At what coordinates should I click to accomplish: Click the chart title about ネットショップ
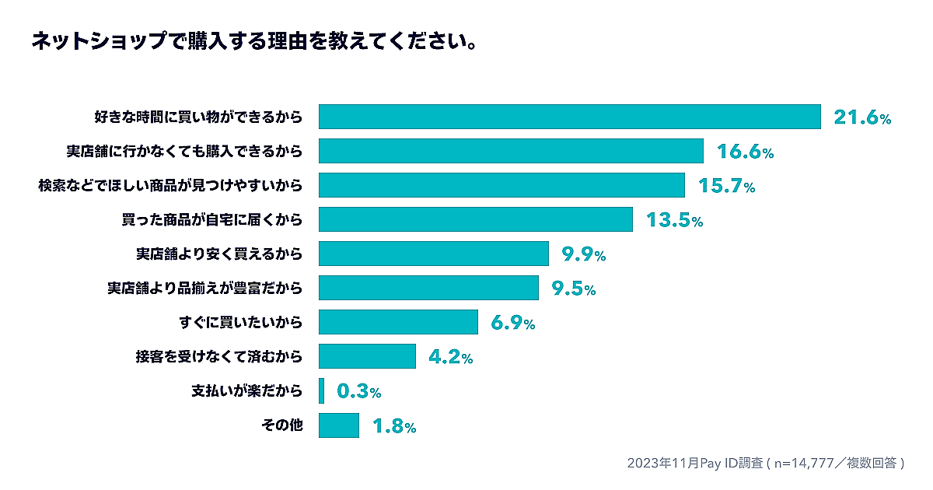pos(253,41)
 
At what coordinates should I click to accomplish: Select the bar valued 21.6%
pos(570,117)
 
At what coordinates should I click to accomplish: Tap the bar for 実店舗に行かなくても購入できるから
pos(511,151)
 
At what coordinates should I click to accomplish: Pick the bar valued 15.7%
pos(501,185)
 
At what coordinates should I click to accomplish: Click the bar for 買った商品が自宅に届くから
pos(476,219)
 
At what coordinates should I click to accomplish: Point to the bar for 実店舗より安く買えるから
pos(434,254)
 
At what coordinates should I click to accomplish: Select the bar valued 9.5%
pos(428,288)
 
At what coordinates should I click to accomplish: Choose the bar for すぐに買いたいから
pos(398,322)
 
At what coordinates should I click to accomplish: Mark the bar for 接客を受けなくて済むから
pos(367,356)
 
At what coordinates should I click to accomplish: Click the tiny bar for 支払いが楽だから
pos(321,390)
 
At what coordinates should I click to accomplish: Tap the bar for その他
pos(339,425)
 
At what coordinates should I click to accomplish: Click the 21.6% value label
pos(861,117)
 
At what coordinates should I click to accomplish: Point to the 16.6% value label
pos(745,152)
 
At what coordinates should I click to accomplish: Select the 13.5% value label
pos(674,220)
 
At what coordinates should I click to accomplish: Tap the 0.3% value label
pos(358,391)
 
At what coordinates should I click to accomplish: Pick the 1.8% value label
pos(394,426)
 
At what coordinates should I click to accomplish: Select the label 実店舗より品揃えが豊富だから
pos(204,289)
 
